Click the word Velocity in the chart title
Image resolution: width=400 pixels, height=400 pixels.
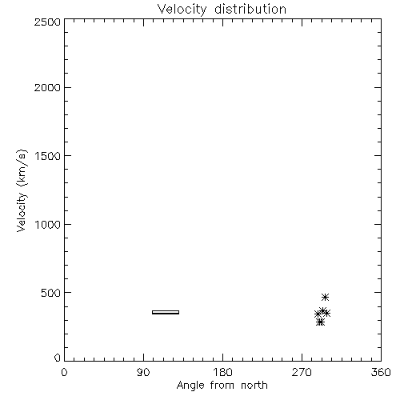click(182, 10)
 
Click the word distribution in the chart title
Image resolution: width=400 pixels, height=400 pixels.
click(250, 9)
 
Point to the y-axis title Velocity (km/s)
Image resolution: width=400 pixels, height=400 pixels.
click(22, 190)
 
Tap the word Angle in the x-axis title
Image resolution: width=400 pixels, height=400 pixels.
click(190, 386)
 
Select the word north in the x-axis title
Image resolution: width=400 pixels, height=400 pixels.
click(254, 385)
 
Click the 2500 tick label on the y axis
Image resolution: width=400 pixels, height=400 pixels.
click(47, 22)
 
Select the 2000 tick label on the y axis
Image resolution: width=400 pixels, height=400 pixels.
click(47, 87)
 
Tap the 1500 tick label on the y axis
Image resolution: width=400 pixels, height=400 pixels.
click(48, 156)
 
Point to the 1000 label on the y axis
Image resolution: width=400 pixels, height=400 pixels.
click(48, 224)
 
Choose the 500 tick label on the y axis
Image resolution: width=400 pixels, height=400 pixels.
click(51, 293)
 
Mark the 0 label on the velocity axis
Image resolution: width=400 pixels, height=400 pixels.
click(58, 358)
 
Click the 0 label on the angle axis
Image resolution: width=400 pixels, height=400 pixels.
click(64, 372)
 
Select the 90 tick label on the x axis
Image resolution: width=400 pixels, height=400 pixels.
click(143, 372)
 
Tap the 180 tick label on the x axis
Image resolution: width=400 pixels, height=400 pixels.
click(222, 372)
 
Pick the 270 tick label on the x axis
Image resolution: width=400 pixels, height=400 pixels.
click(302, 372)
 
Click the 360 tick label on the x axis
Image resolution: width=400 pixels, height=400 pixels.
click(381, 372)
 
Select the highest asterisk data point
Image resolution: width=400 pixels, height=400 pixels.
click(325, 297)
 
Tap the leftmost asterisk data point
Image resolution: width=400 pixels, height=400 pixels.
click(318, 314)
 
